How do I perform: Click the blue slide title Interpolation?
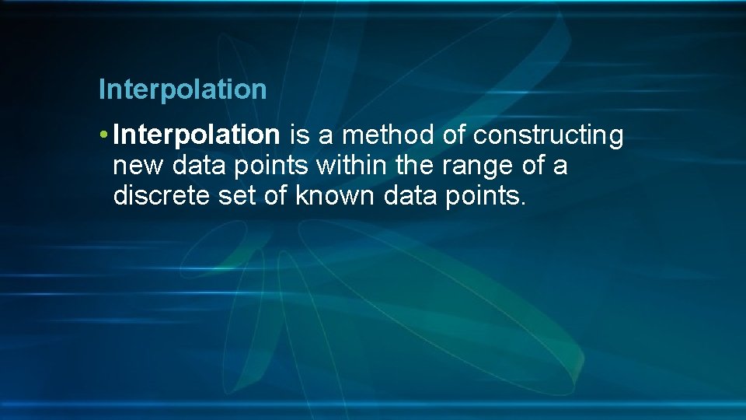(183, 89)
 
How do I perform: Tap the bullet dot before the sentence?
(103, 135)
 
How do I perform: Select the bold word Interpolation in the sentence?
(196, 135)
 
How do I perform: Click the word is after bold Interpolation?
(299, 135)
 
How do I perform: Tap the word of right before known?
(276, 196)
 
